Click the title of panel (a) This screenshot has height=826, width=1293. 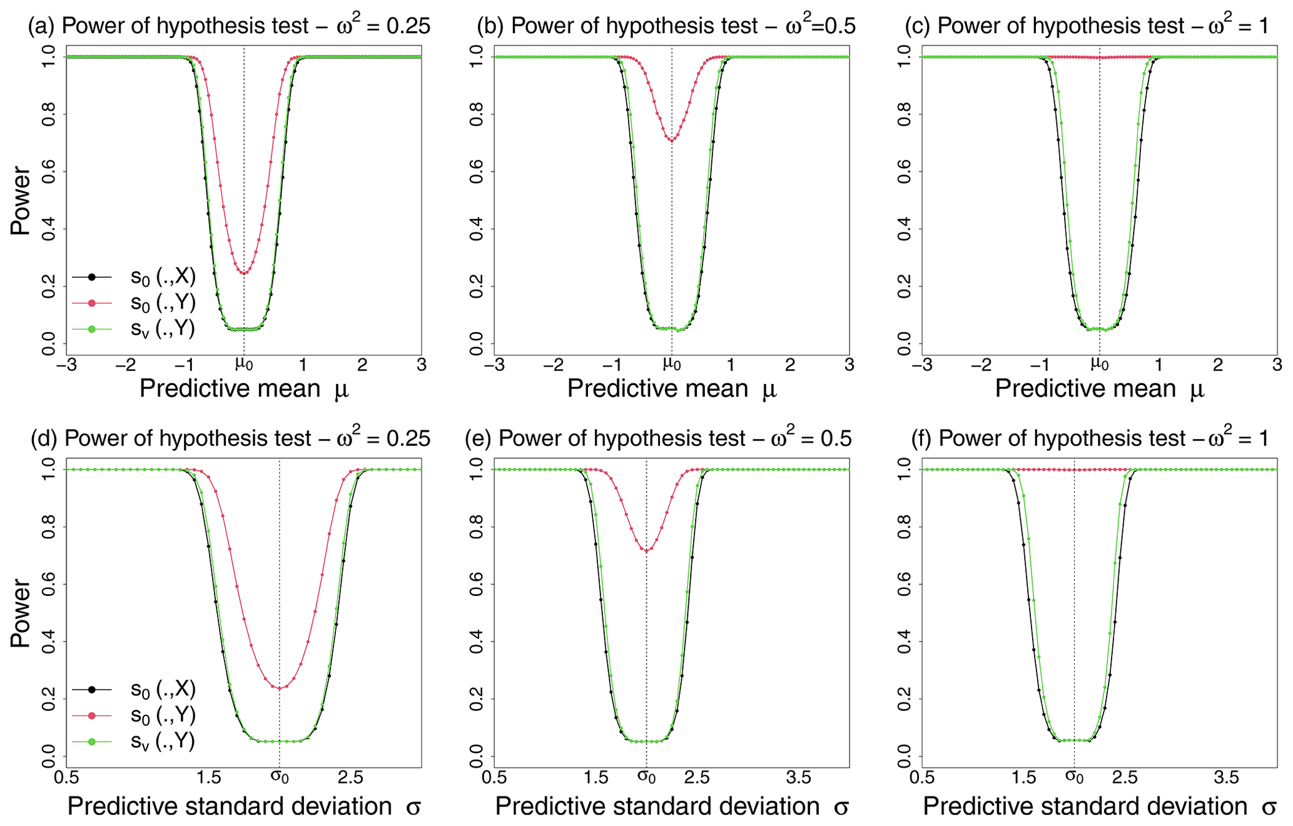pos(229,26)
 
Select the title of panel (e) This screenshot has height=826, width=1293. pos(658,438)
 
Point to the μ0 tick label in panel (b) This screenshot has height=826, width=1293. pos(672,365)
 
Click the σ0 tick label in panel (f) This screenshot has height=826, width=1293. pos(1074,777)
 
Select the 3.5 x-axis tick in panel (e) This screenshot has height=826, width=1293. pos(798,777)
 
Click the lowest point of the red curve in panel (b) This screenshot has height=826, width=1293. pos(672,140)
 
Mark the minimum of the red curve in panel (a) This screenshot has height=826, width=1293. pos(244,273)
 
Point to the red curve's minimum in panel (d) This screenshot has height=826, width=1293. pos(279,688)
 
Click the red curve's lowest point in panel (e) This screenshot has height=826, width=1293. pos(646,550)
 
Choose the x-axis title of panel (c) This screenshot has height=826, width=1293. pos(1099,389)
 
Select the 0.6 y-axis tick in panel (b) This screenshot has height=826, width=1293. pos(476,171)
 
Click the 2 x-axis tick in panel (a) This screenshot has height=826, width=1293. pos(362,365)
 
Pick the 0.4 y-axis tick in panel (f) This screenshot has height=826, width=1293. pos(904,642)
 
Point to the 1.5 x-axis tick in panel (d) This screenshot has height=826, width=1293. pos(208,777)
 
